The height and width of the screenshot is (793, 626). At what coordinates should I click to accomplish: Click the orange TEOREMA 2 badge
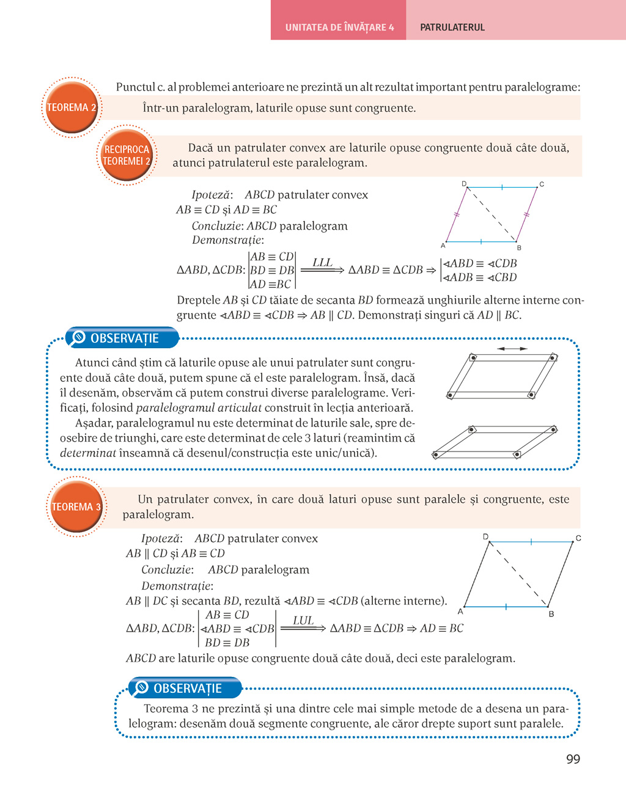[72, 108]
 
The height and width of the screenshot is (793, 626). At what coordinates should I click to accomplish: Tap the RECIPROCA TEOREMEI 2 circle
[127, 155]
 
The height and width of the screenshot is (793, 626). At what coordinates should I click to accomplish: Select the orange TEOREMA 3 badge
[76, 506]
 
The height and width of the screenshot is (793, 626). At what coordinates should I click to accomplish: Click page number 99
[573, 759]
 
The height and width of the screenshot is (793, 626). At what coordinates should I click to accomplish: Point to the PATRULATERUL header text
[452, 27]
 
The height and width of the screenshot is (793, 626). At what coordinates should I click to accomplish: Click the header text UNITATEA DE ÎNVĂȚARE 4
[339, 27]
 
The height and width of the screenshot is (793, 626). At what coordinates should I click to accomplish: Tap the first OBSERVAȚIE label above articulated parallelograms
[124, 338]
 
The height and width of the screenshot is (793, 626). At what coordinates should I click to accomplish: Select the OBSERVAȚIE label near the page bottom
[187, 689]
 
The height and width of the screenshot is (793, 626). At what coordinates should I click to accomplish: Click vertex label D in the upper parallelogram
[465, 184]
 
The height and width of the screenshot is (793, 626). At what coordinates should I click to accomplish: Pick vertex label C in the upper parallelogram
[542, 184]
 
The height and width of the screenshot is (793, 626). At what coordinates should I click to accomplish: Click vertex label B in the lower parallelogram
[551, 613]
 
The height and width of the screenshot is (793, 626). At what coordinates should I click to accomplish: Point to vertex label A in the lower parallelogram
[460, 611]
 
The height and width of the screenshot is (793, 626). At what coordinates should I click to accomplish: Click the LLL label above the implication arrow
[322, 263]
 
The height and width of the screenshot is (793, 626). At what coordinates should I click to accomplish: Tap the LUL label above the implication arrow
[303, 621]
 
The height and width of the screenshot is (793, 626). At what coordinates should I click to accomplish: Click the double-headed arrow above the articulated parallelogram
[512, 349]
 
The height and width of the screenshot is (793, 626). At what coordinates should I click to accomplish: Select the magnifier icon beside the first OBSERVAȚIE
[78, 337]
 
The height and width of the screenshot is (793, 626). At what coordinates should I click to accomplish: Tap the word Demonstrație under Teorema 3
[177, 586]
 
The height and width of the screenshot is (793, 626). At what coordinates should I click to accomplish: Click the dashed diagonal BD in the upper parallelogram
[492, 214]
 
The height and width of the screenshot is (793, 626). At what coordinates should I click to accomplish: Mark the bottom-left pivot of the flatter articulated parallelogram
[436, 455]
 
